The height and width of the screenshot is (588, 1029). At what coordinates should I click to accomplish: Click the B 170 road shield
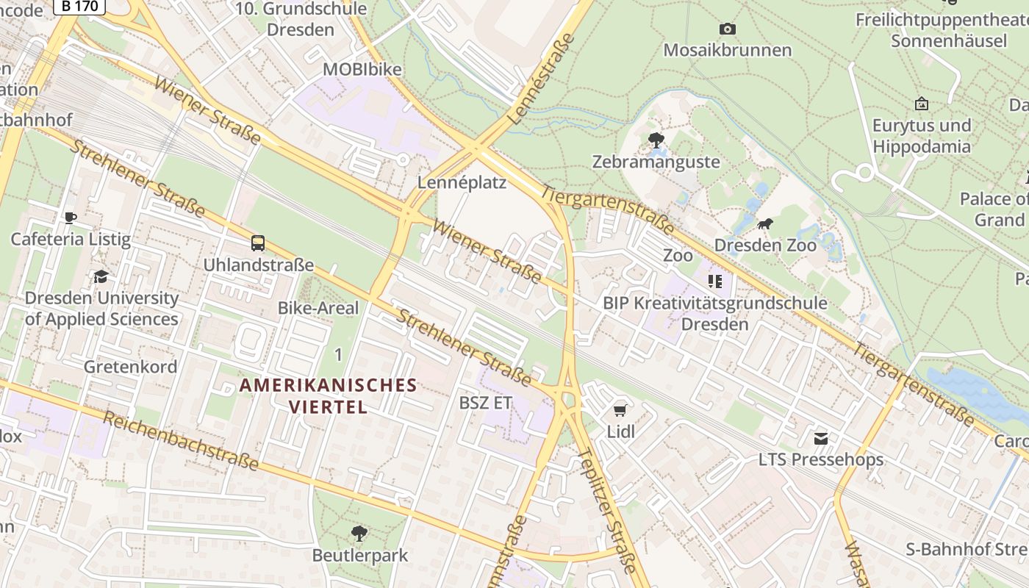click(x=79, y=6)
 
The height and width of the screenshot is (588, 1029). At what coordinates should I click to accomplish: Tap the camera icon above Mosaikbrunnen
click(x=728, y=29)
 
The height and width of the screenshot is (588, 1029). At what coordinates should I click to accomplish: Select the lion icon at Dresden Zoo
click(x=764, y=224)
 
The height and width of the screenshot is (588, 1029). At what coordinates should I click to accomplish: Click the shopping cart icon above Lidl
click(x=620, y=410)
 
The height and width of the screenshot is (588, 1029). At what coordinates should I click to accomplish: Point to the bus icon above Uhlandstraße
click(x=258, y=243)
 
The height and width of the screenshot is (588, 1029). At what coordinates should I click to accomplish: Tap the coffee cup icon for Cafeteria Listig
click(x=71, y=218)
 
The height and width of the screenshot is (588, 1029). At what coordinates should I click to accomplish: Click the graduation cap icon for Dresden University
click(x=101, y=277)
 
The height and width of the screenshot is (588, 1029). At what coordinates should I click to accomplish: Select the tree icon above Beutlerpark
click(x=359, y=533)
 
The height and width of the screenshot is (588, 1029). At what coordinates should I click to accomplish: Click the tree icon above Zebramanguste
click(x=656, y=140)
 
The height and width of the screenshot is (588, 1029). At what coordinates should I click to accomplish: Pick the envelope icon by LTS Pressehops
click(x=821, y=439)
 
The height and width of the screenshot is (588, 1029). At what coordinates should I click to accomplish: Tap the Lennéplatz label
click(x=462, y=182)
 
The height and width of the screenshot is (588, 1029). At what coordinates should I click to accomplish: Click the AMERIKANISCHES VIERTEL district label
click(x=328, y=395)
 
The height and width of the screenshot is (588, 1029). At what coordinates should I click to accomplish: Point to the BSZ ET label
click(x=485, y=403)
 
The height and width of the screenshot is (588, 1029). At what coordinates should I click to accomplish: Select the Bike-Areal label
click(x=318, y=308)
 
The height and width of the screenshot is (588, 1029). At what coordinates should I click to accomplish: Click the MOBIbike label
click(x=362, y=70)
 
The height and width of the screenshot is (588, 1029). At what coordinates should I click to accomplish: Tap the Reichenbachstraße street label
click(x=181, y=441)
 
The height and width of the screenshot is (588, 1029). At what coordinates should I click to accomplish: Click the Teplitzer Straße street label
click(x=607, y=511)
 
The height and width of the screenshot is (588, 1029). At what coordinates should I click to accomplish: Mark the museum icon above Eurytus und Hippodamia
click(x=921, y=104)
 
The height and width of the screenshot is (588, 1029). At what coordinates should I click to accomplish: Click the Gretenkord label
click(x=130, y=366)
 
